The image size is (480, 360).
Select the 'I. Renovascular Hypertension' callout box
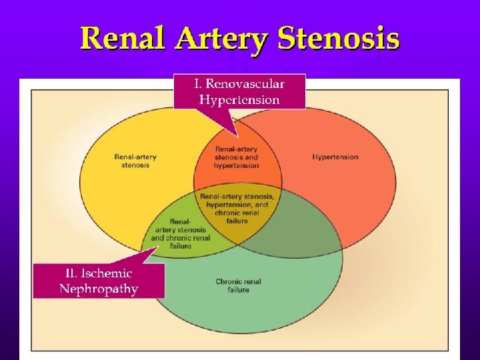point(239,91)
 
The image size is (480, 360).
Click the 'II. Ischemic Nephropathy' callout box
point(99,280)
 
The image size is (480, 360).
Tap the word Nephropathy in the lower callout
point(99,289)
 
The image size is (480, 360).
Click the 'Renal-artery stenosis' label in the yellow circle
point(135,161)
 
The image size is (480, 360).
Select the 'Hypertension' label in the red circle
point(335,157)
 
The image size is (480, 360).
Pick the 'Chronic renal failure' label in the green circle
point(238,285)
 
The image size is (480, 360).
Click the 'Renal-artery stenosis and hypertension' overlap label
point(237,157)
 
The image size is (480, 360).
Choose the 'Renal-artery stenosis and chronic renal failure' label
point(181,233)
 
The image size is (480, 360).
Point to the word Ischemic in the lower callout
point(108,273)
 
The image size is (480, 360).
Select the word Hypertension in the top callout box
point(239,100)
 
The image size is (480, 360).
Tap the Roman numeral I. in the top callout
point(197,84)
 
